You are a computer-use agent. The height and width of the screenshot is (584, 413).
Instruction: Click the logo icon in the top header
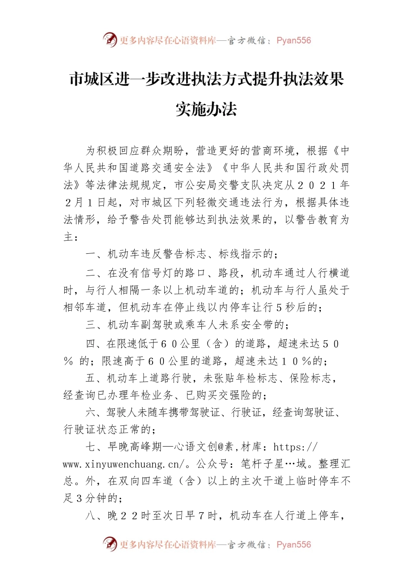point(110,40)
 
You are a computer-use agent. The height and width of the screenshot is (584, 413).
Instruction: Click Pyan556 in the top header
point(293,40)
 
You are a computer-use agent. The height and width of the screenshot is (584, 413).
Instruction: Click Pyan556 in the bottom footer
point(293,544)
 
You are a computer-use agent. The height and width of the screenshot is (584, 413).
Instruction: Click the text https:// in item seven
point(296,447)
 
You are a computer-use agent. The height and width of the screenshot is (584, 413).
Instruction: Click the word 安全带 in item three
point(257,325)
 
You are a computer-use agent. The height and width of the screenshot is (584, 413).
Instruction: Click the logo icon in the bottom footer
point(110,544)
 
